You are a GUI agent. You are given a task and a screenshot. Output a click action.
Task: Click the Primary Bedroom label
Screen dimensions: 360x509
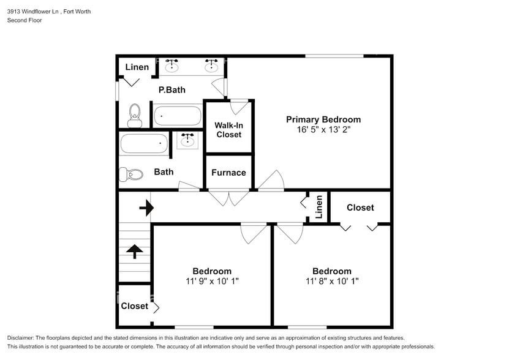coord(323,119)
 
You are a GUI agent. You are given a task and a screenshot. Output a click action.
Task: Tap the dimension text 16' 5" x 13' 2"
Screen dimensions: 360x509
coord(323,130)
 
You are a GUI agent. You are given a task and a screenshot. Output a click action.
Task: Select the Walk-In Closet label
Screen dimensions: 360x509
coord(228,130)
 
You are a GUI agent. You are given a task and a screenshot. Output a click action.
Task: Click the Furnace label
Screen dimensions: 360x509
coord(228,173)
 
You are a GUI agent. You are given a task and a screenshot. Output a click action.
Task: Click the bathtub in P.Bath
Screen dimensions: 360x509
coord(177,115)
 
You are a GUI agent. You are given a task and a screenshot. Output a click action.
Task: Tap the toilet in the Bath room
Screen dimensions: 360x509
coord(131,174)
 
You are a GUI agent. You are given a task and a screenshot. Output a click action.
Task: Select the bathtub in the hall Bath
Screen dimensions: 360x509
coord(144,144)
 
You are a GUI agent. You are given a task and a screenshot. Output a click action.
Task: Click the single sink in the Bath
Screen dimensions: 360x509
coord(188,141)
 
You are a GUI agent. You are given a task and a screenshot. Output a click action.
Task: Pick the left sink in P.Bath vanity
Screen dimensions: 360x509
coord(172,65)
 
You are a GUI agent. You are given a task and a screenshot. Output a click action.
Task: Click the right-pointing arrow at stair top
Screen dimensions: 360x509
coord(146,209)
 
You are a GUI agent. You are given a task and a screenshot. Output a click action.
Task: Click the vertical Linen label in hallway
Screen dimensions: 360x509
coord(319,207)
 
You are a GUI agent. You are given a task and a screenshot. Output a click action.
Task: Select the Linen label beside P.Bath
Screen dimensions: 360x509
coord(137,67)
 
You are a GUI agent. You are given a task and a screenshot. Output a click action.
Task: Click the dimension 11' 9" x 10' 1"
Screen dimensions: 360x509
coord(212,282)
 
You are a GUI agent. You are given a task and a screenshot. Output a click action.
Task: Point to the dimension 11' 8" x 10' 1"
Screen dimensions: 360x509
coord(332,282)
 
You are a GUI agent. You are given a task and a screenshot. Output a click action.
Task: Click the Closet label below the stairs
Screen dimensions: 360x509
coord(134,306)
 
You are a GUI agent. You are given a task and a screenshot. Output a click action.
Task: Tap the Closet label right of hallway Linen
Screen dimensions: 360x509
coord(360,208)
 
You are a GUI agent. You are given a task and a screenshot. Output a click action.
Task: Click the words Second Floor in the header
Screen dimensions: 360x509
coord(25,20)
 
